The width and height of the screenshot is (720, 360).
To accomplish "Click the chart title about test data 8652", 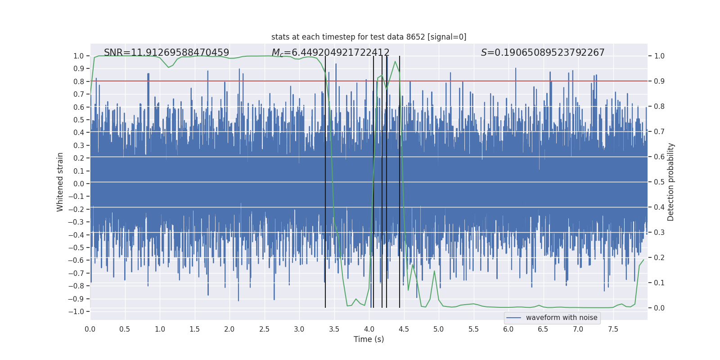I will coord(369,37).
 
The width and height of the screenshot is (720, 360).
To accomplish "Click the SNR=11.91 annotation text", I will coord(166,53).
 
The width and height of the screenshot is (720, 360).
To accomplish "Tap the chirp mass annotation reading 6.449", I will coord(330,53).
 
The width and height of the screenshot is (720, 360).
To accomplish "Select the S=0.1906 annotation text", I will coord(542,53).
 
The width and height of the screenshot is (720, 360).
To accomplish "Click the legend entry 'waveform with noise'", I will coord(561,318).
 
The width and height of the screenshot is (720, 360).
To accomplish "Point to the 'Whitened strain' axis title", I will coord(60,182).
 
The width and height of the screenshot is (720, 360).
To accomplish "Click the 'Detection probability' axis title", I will coord(671,182).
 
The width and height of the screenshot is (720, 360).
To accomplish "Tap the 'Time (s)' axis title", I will coord(369,339).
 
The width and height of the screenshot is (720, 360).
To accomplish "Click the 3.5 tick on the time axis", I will coord(334,329).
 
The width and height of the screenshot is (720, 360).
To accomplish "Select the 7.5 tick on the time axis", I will coord(613,329).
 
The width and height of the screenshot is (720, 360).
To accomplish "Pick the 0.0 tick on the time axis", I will coord(90,329).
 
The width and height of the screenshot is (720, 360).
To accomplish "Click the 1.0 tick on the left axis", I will coord(79,56).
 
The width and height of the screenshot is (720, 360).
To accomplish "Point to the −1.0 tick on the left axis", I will coord(77,311).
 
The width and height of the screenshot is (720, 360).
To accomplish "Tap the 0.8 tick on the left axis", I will coord(79,81).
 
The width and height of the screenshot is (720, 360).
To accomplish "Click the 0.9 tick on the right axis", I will coord(659,81).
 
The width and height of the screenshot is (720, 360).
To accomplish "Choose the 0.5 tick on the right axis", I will coord(659,182).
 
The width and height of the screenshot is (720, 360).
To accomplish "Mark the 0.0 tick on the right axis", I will coord(659,308).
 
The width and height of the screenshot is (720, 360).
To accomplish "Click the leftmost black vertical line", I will coord(325,180).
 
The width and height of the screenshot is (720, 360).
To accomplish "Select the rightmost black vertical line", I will coord(400,180).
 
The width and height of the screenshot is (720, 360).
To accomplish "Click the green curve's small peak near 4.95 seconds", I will coord(434,271).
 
